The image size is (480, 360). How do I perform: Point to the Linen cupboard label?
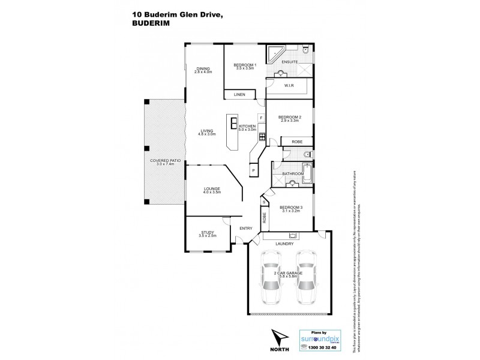[x=238, y=94]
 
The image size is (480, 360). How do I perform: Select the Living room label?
[x=208, y=131]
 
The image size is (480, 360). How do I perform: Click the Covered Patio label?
[x=161, y=162]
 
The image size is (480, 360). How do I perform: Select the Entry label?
[x=245, y=228]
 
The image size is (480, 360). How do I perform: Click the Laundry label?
[x=284, y=244]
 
